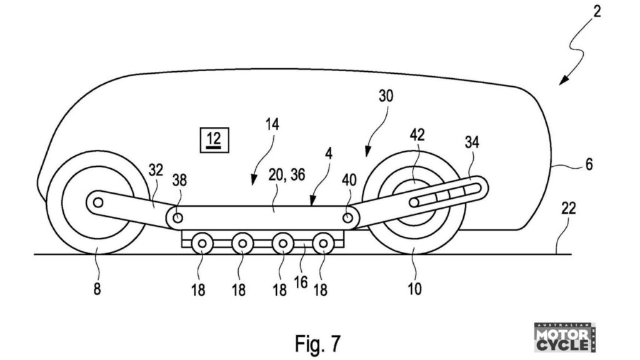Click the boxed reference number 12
click(x=214, y=140)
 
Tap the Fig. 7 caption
click(x=317, y=343)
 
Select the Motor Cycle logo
click(x=564, y=337)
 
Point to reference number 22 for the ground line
click(x=568, y=208)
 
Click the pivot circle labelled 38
click(x=177, y=218)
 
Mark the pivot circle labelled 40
click(x=347, y=217)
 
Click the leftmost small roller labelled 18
click(x=202, y=244)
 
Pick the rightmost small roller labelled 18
click(x=323, y=244)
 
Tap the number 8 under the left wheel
click(x=97, y=289)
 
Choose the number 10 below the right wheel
click(x=414, y=289)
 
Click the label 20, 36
click(x=286, y=175)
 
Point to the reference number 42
click(x=417, y=135)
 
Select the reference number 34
click(x=472, y=142)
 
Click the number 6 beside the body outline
click(x=589, y=164)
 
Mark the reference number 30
click(x=386, y=96)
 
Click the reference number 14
click(x=272, y=124)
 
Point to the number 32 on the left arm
click(x=156, y=170)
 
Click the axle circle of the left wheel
click(x=98, y=202)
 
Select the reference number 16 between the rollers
click(x=301, y=282)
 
